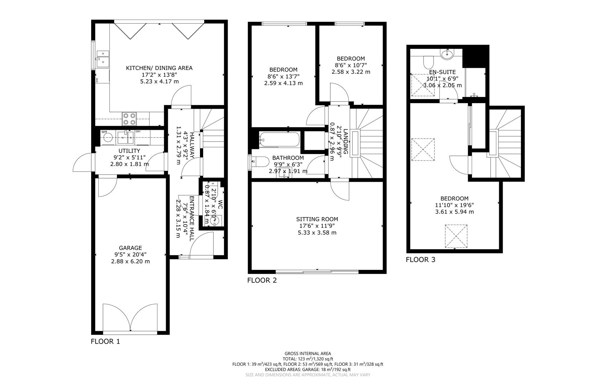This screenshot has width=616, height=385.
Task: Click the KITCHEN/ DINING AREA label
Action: pos(159,68)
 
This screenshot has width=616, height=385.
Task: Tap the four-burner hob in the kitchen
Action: pos(129,119)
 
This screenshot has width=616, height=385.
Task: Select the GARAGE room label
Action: pos(130,248)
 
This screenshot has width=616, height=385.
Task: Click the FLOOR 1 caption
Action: pos(105,342)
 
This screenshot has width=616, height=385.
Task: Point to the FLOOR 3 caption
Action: pos(420,260)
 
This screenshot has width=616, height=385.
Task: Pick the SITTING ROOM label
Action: pos(317,219)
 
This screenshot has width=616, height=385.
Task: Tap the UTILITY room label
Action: pos(129,151)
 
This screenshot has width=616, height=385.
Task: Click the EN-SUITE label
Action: pos(442,72)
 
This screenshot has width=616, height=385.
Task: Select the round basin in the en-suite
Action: pos(447,54)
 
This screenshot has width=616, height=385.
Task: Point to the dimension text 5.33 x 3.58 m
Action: pos(317,233)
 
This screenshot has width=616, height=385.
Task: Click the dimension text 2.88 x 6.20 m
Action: pos(130,261)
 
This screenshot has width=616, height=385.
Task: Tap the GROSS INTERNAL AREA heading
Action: pos(307,354)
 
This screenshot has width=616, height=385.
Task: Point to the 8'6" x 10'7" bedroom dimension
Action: pos(351,65)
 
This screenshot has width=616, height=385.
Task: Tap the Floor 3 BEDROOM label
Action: pos(454,199)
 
